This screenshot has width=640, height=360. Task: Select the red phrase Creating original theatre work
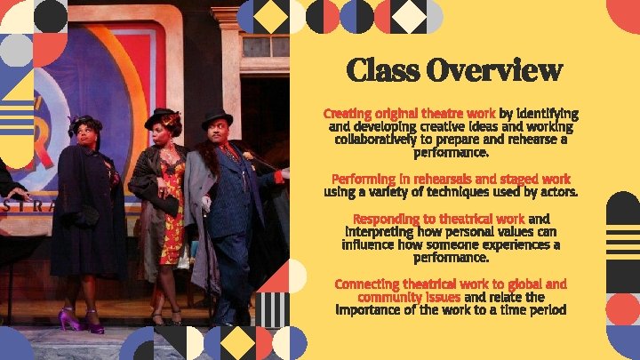click(409, 114)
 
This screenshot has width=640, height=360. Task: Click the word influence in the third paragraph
click(376, 244)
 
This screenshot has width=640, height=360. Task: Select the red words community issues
click(409, 297)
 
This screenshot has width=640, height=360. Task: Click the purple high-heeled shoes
click(81, 319)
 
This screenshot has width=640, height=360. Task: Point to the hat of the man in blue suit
click(216, 117)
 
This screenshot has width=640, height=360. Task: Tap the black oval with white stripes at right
click(621, 232)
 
